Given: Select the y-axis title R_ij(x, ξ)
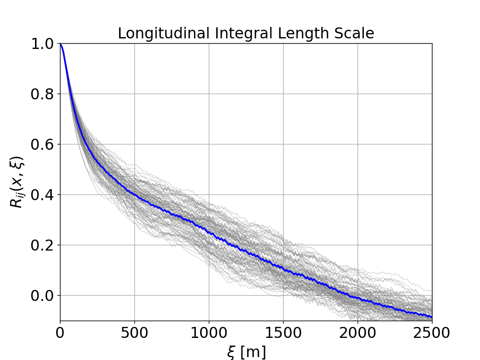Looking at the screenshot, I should point(17,182).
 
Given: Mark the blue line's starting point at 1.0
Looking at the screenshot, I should point(60,44).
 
